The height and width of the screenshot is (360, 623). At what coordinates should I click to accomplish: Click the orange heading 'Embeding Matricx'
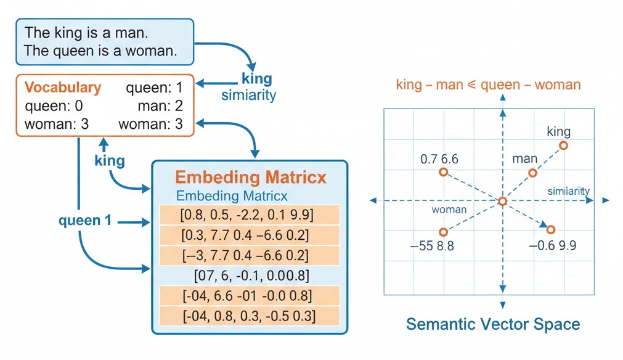click(x=251, y=178)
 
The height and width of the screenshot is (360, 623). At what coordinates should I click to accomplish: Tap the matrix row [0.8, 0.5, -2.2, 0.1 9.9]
click(x=248, y=215)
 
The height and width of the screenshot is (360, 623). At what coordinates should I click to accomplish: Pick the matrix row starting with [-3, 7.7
click(x=248, y=255)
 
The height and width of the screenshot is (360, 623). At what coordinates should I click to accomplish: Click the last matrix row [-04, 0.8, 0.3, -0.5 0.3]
click(x=248, y=316)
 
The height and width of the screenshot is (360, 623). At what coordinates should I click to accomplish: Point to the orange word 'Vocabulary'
click(x=62, y=88)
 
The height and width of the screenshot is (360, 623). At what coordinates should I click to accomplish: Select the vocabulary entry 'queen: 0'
click(x=54, y=106)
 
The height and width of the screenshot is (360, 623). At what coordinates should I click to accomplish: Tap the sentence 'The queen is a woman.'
click(x=100, y=51)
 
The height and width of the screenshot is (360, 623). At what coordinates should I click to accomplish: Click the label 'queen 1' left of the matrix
click(x=85, y=220)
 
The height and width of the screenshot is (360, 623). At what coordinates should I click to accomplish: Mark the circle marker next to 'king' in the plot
click(x=563, y=145)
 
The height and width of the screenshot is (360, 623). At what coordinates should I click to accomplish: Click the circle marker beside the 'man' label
click(x=533, y=173)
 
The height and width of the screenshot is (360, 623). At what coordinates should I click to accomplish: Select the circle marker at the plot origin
click(x=503, y=202)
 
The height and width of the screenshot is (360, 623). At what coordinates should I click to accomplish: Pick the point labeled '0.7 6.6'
click(x=443, y=172)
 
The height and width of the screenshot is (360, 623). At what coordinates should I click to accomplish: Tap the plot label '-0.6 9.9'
click(x=553, y=245)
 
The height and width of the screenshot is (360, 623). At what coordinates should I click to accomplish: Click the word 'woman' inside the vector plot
click(x=449, y=210)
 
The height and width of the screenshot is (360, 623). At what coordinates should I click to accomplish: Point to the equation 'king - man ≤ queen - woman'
click(x=488, y=84)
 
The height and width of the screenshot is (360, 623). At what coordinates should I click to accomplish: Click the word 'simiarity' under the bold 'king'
click(x=248, y=95)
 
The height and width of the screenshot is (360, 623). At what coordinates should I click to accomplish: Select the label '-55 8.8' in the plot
click(x=432, y=245)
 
